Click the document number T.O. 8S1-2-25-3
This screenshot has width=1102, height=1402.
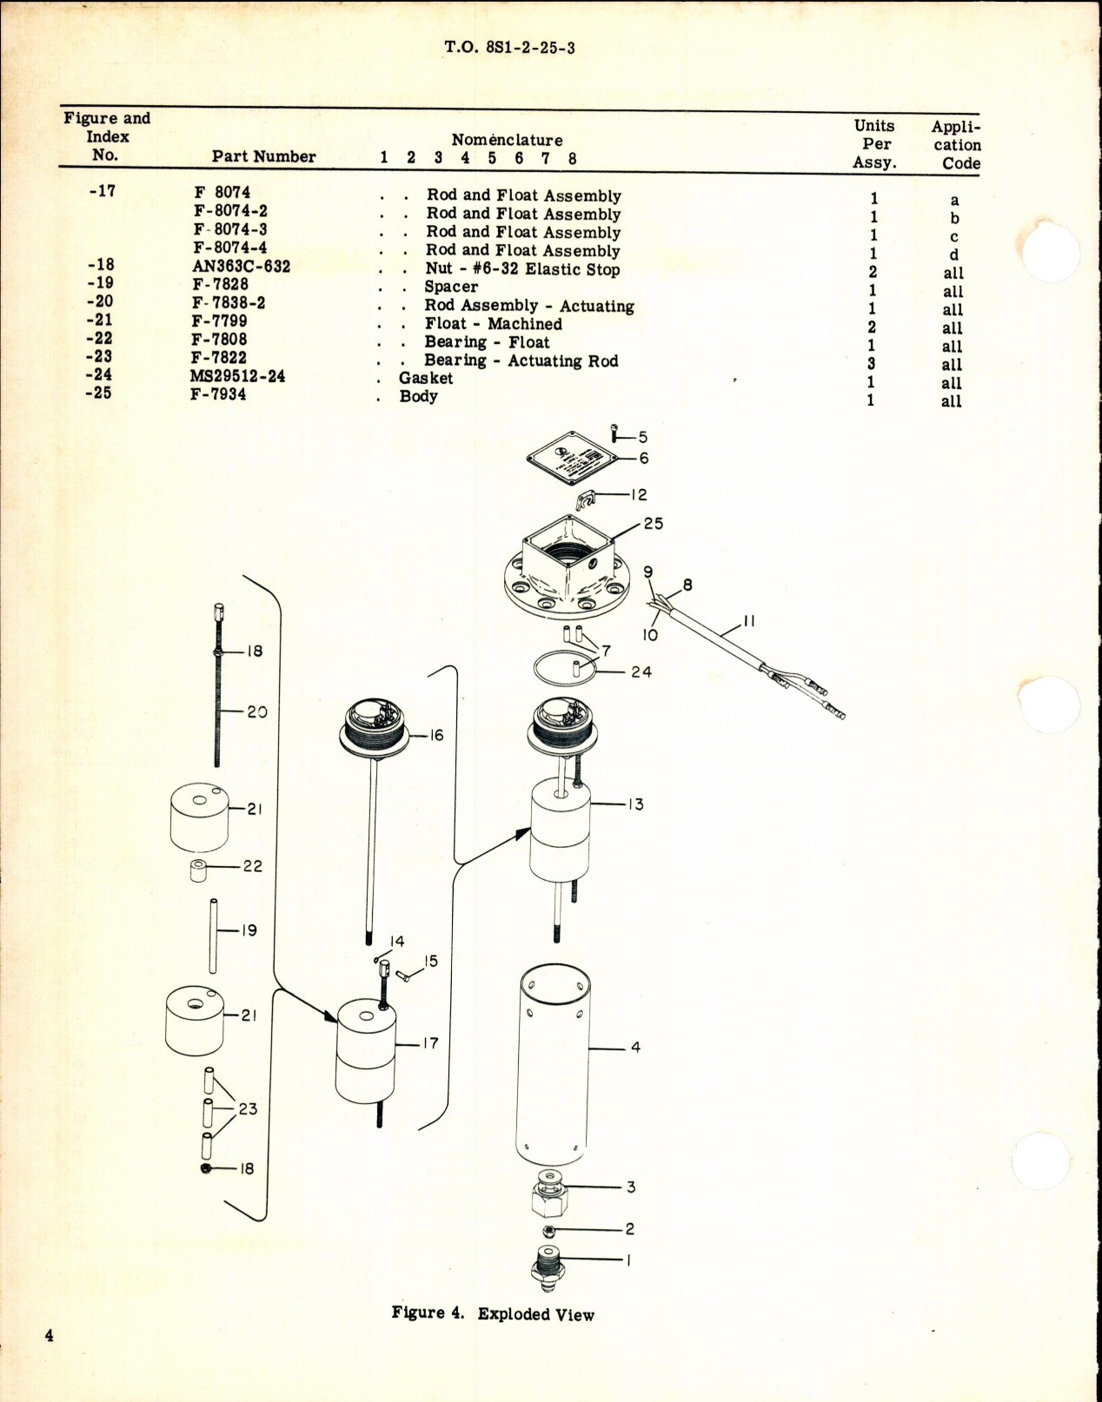[509, 47]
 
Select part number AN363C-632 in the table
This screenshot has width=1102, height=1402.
[241, 266]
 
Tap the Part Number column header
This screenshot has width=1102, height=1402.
[263, 156]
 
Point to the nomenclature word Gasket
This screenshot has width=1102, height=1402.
[426, 378]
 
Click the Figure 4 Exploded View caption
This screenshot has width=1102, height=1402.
[493, 1313]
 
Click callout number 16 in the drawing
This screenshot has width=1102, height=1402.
[436, 735]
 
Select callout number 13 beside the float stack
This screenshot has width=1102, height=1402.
[636, 804]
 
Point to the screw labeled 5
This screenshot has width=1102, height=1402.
[616, 431]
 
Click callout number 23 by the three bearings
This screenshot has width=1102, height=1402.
[248, 1108]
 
